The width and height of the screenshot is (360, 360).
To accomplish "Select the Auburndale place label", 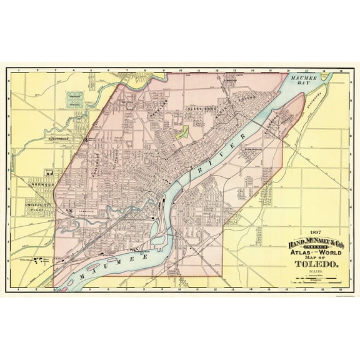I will pos(61,139).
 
